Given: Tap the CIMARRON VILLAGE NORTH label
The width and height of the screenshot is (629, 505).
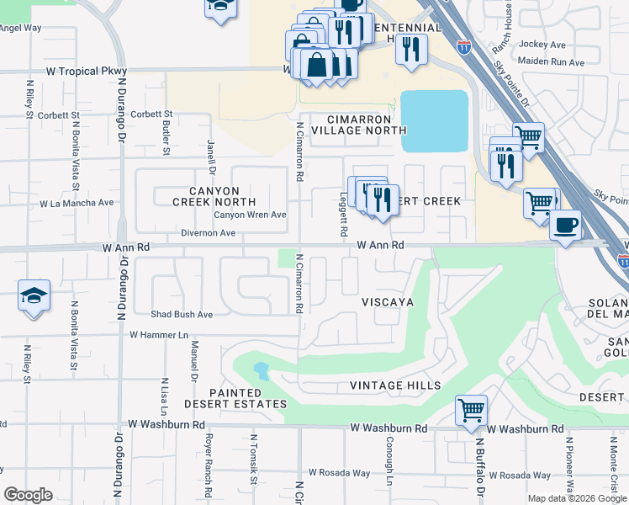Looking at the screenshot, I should coord(359,125).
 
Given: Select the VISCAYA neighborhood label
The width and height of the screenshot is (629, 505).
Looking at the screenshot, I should coord(388,301).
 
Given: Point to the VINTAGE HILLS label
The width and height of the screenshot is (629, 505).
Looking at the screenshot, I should coord(395,385).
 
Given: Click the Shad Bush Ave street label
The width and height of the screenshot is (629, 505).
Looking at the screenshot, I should coord(182,315).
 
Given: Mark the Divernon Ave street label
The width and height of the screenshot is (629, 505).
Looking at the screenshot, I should coord(208,233).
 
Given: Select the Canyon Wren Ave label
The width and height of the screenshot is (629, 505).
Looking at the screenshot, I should coord(250,215).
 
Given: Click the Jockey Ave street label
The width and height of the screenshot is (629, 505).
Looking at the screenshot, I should coord(542,44).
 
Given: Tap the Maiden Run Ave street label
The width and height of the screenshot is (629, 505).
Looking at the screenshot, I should coord(552,62).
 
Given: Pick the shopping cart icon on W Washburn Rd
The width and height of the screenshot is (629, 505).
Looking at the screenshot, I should coord(472,411).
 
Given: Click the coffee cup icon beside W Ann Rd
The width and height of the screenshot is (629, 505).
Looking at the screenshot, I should coord(566,226).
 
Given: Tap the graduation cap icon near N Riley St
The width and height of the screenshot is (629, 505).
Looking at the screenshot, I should coord(34,296).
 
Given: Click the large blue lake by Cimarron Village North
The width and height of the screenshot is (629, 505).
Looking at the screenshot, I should coord(434,120).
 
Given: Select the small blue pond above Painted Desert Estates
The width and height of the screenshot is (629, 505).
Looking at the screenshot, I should coord(260,369).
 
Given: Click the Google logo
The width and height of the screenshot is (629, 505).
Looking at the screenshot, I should coord(29,495).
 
